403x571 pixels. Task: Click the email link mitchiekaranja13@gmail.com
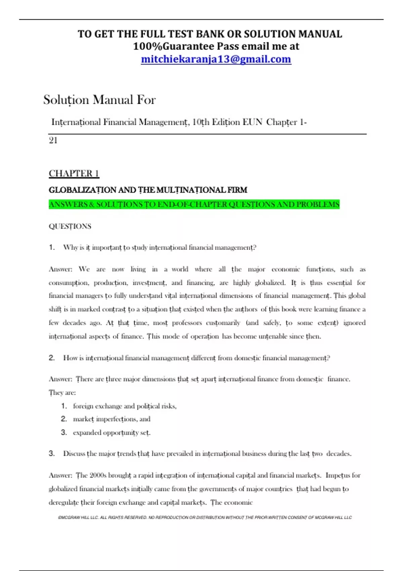click(216, 59)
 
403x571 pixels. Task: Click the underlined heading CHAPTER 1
click(74, 173)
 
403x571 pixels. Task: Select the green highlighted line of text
click(194, 204)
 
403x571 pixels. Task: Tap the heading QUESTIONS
click(70, 226)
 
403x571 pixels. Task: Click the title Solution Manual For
click(99, 100)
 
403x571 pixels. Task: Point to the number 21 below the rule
click(53, 140)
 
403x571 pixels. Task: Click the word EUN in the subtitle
click(252, 122)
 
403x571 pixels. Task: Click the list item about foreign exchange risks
click(125, 406)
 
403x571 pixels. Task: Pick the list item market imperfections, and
click(111, 419)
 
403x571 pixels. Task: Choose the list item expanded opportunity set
click(111, 433)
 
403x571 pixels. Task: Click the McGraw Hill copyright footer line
click(205, 518)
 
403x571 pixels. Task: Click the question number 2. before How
click(52, 358)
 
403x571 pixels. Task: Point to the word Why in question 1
click(70, 248)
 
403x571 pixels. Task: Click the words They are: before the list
click(62, 393)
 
